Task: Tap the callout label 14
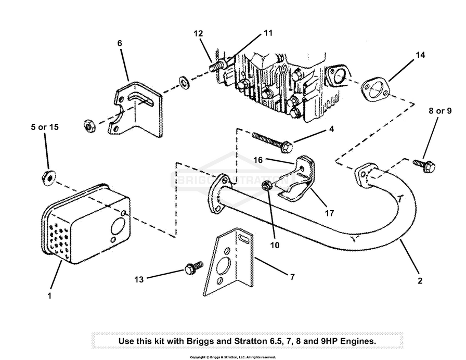(420, 54)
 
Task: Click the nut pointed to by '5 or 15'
(47, 177)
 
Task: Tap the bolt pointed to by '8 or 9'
(424, 164)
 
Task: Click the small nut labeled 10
(266, 185)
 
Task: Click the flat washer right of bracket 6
(184, 82)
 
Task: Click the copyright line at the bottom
(232, 357)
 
